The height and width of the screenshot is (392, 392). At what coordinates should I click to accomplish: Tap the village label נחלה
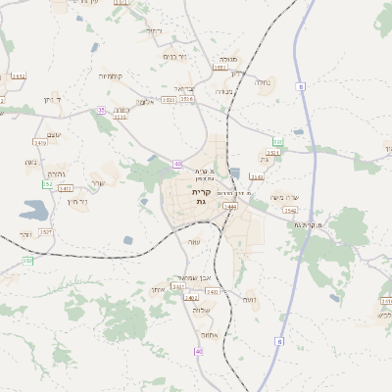click(263, 83)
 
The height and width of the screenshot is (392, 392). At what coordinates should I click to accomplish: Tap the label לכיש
click(384, 316)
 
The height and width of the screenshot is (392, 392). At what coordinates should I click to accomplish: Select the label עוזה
click(194, 242)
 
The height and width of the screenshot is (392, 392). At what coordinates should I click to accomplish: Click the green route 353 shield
click(277, 143)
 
